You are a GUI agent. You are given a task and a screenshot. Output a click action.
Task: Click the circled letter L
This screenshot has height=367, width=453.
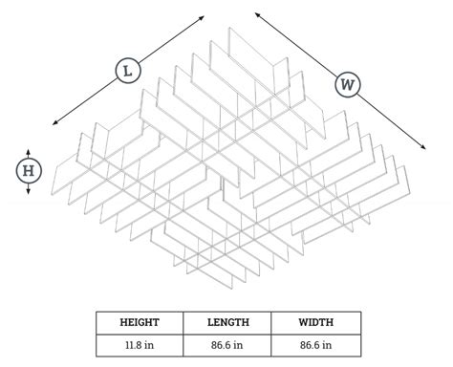coord(126,70)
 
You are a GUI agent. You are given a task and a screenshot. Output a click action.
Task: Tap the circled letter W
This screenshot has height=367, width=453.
coord(348,84)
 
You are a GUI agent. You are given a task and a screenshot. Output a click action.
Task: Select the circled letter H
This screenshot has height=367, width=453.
coord(29,171)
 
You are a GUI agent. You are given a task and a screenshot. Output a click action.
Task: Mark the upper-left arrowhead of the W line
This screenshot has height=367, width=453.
coord(255,12)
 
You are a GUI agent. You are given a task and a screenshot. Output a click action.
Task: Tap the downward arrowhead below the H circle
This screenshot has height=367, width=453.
coord(29,191)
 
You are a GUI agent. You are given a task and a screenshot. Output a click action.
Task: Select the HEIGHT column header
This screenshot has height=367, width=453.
coord(139,322)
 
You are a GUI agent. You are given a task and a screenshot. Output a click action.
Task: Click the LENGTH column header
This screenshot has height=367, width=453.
coord(227,322)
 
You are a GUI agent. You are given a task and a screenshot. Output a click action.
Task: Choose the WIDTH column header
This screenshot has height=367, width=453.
coord(315,322)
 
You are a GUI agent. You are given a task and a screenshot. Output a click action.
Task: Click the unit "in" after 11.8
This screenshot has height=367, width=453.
coord(152,344)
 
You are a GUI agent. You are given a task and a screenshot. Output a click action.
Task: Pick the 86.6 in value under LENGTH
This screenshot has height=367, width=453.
coord(227,344)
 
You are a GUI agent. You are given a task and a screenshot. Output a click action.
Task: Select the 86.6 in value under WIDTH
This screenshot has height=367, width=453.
coord(315,344)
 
